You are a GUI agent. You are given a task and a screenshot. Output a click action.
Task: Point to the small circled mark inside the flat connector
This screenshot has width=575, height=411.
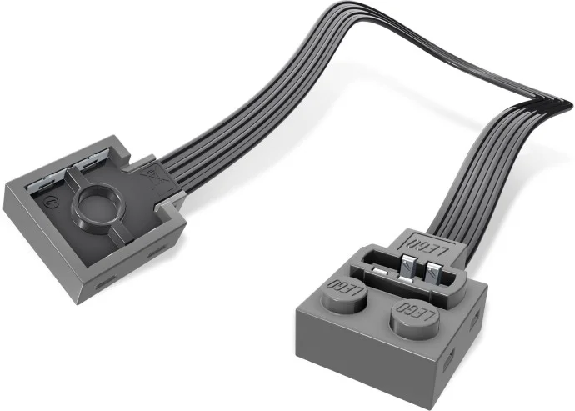(49, 201)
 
